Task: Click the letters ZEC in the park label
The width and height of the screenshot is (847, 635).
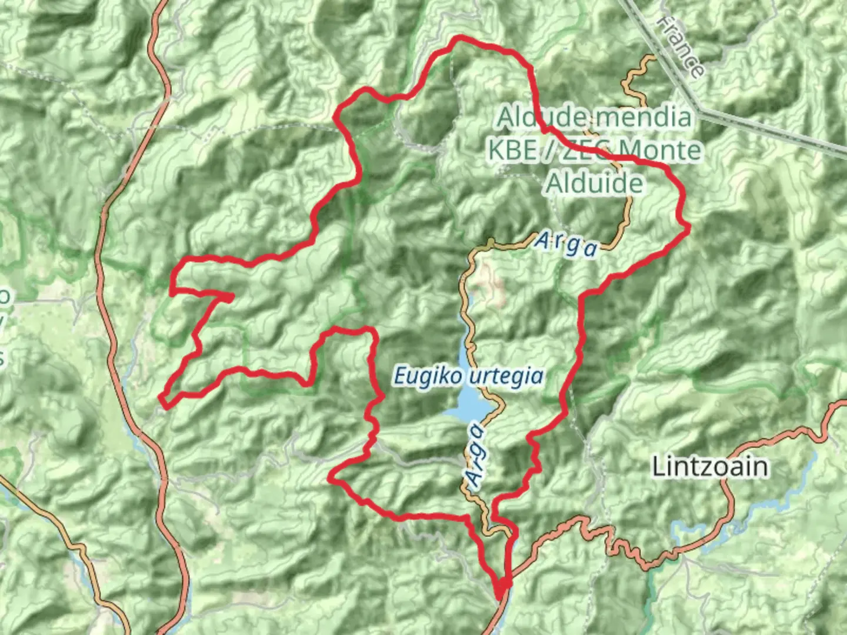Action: coord(575,151)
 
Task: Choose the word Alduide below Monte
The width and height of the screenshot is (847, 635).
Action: coord(595,183)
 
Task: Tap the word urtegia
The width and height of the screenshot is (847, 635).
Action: coord(508,375)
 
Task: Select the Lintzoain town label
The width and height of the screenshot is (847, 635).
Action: coord(710,467)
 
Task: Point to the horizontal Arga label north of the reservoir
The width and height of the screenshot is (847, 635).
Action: coord(566,244)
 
